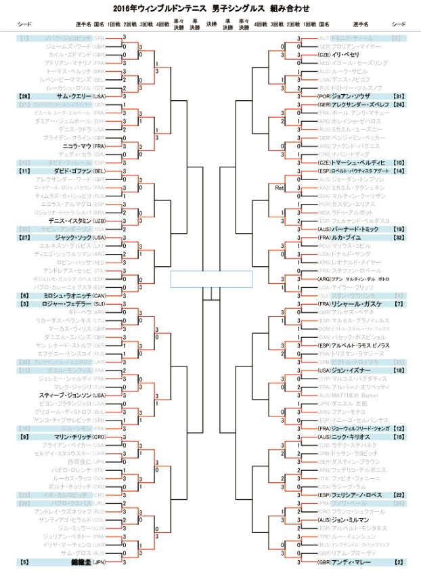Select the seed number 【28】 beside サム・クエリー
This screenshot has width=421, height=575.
pyautogui.click(x=25, y=97)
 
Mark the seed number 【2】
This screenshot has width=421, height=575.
pyautogui.click(x=399, y=562)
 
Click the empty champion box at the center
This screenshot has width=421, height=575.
pyautogui.click(x=210, y=279)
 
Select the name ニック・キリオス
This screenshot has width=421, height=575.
pyautogui.click(x=351, y=437)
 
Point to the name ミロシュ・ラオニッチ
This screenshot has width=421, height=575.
pyautogui.click(x=71, y=296)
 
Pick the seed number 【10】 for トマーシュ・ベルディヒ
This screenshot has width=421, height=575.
pyautogui.click(x=398, y=163)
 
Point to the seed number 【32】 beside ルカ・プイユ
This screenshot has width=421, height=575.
pyautogui.click(x=398, y=238)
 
